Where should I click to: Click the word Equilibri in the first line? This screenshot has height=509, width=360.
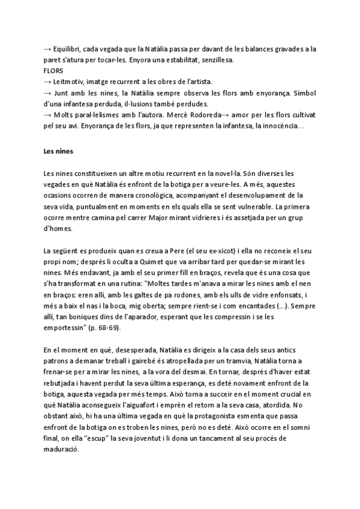(x=70, y=47)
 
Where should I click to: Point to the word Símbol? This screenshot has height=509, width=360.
(x=304, y=93)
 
